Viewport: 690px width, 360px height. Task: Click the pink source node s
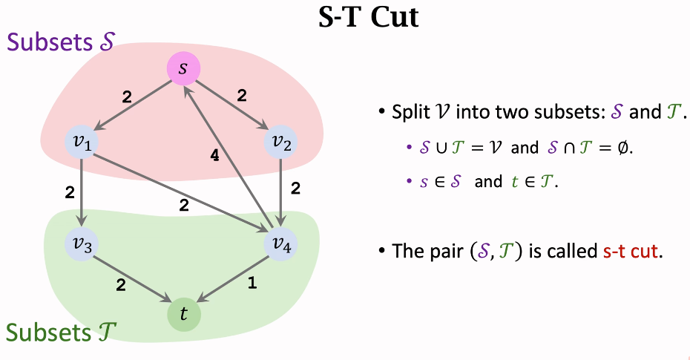point(183,69)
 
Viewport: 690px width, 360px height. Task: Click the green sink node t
point(183,314)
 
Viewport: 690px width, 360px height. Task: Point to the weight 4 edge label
point(214,156)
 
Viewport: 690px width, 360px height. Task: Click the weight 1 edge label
point(252,283)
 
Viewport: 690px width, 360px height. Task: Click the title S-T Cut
point(368,17)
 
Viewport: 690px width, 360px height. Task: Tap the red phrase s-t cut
point(630,251)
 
